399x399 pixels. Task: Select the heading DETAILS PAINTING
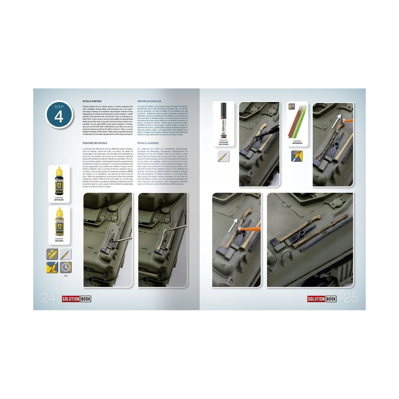click(92, 101)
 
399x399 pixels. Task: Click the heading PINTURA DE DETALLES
click(149, 101)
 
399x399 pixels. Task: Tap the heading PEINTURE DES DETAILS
click(95, 143)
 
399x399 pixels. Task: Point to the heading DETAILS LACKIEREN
click(148, 143)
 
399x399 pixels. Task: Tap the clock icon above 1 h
click(66, 267)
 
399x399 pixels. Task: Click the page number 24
click(48, 298)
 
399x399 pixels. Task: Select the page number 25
click(350, 298)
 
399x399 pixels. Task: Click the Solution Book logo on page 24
click(76, 299)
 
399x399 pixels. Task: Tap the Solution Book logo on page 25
click(322, 299)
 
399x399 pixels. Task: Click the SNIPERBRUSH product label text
click(297, 143)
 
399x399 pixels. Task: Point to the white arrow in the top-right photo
click(338, 120)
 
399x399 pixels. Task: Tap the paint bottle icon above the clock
click(52, 255)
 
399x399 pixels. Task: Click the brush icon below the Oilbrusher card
click(223, 156)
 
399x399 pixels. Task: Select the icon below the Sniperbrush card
click(297, 156)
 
